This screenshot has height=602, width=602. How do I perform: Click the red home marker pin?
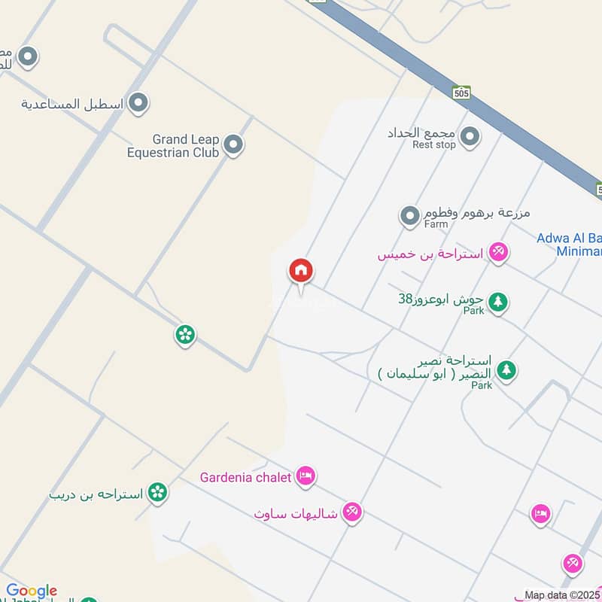(x=301, y=271)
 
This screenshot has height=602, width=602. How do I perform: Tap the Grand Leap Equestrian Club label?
(x=174, y=146)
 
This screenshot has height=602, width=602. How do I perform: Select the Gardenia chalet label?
(x=245, y=477)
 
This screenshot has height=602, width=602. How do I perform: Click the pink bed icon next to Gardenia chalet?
(x=306, y=476)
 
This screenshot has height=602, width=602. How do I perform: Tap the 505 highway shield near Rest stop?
(x=462, y=93)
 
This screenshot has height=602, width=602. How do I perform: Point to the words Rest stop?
(x=434, y=144)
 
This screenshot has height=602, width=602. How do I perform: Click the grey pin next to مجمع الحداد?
(x=470, y=136)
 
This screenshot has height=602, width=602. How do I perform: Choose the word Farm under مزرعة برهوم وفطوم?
(x=436, y=224)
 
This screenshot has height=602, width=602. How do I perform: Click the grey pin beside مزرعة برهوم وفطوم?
(x=409, y=217)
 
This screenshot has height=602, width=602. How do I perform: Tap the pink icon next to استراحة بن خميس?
(x=497, y=252)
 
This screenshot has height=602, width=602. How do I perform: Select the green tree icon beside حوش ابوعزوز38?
(x=497, y=303)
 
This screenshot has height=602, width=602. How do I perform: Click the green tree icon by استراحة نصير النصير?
(x=507, y=370)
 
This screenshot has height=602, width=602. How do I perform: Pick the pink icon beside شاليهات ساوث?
(x=351, y=513)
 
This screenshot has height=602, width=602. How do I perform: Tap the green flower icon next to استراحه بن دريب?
(x=157, y=493)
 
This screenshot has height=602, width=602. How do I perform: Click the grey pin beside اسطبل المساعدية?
(x=138, y=103)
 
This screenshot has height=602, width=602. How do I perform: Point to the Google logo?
(x=32, y=591)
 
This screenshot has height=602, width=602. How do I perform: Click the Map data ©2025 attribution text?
(x=562, y=595)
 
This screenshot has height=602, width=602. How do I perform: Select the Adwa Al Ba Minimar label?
(x=569, y=245)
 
